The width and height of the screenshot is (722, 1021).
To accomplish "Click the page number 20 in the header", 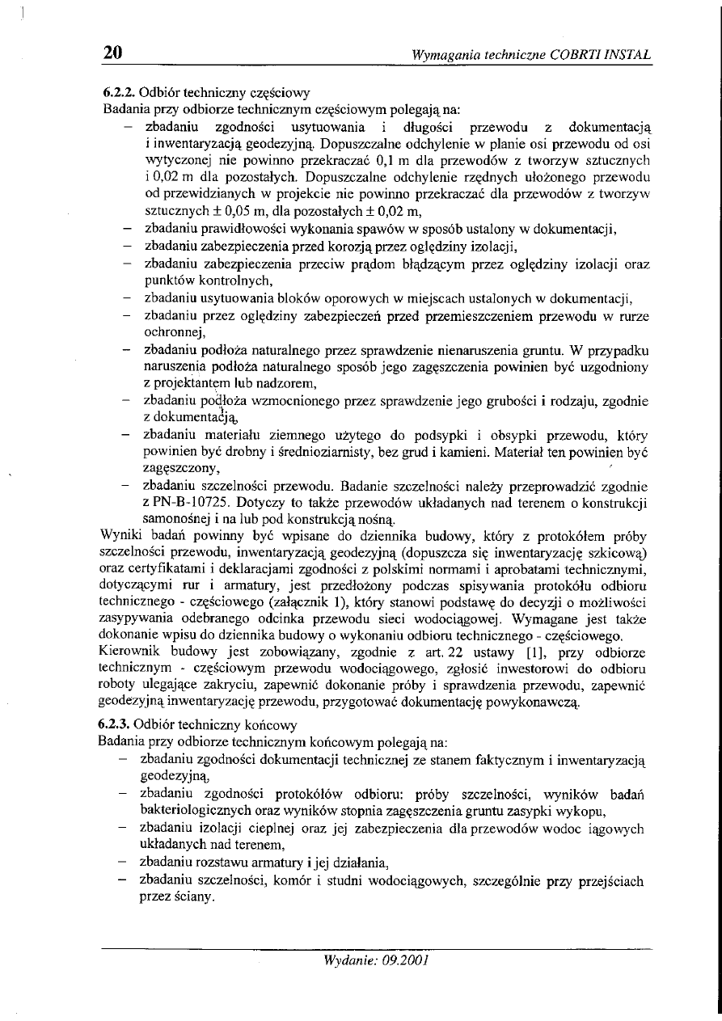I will (x=112, y=53).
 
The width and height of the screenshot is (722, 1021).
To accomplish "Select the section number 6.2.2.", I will (x=120, y=94).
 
